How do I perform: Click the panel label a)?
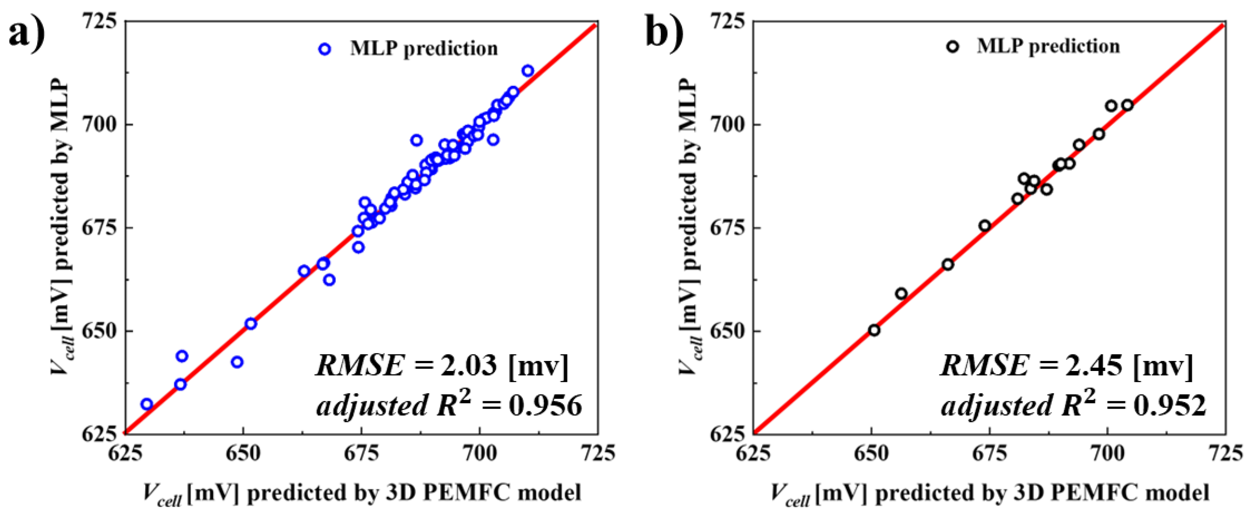tap(27, 33)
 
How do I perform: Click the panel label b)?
tap(665, 33)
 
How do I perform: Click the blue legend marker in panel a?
tap(325, 49)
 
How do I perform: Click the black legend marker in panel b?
tap(952, 47)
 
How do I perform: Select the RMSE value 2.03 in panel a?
tap(468, 366)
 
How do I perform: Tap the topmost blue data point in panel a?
tap(527, 71)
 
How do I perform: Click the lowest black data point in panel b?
tap(874, 330)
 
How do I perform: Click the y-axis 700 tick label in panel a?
tap(100, 124)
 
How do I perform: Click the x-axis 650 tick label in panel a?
tap(243, 454)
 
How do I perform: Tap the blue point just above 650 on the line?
tap(251, 323)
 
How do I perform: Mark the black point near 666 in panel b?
tap(948, 264)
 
